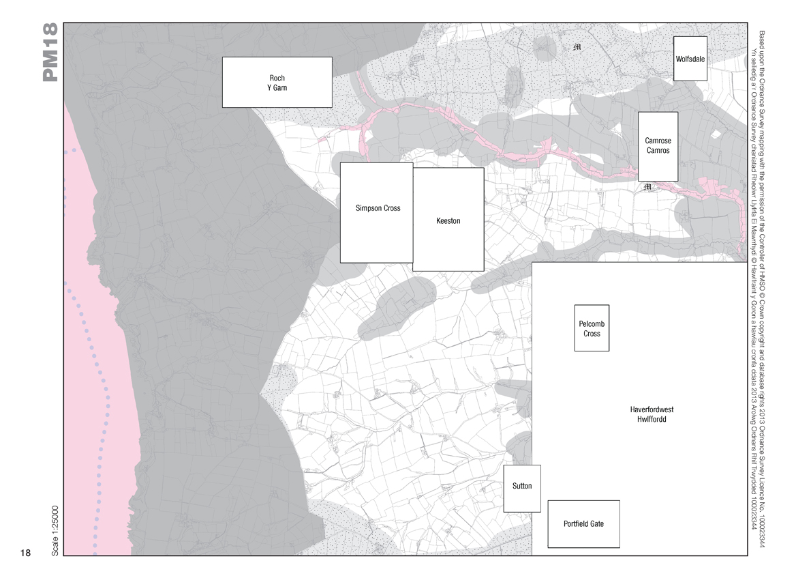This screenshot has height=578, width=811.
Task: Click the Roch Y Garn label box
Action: click(277, 83)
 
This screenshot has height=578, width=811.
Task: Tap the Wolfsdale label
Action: click(690, 59)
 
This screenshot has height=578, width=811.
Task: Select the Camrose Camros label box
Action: click(658, 146)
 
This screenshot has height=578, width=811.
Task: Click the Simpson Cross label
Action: click(378, 208)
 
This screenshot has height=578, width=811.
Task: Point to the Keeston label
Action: click(448, 221)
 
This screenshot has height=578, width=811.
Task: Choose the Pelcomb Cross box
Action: click(592, 329)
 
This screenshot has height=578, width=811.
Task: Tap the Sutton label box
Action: click(521, 487)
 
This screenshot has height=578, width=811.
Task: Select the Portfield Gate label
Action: click(583, 524)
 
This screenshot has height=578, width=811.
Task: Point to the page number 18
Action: click(25, 553)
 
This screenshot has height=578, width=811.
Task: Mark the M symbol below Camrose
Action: click(647, 187)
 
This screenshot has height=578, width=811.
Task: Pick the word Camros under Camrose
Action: click(658, 151)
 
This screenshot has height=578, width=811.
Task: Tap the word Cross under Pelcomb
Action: click(592, 334)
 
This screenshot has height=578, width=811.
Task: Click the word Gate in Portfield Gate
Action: click(596, 524)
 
